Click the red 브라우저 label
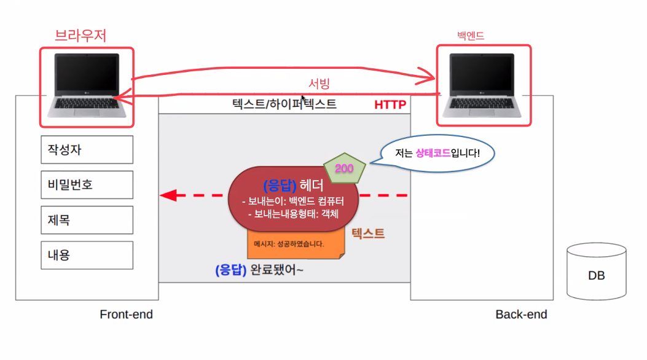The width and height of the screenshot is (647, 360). tap(80, 36)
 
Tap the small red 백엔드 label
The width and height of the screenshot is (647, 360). tap(471, 36)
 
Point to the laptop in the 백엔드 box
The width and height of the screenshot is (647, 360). tap(482, 85)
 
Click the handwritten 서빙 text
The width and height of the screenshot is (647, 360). tap(320, 83)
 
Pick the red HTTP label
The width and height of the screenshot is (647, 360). tap(390, 105)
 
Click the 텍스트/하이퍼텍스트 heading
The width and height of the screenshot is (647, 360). tap(284, 104)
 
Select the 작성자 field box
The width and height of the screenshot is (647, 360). tap(87, 149)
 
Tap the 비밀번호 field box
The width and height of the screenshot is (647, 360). tap(87, 184)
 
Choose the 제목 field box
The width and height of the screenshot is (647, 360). tap(87, 219)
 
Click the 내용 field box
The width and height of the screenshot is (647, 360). tap(87, 254)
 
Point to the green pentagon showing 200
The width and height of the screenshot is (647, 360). tap(345, 168)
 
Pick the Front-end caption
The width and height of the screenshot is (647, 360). tap(126, 315)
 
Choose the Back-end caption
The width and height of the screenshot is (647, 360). tap(521, 315)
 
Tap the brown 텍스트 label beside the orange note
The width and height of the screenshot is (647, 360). tap(368, 233)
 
